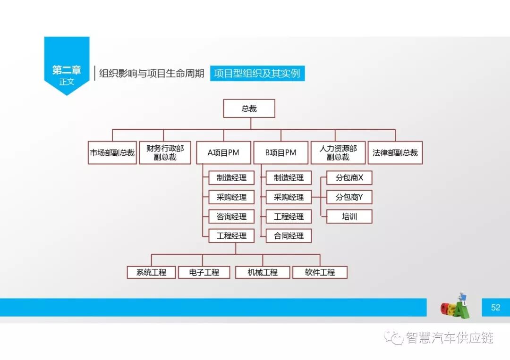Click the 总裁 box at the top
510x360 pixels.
coord(249,109)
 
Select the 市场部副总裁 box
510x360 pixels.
coord(112,153)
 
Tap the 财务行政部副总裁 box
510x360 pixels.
coord(165,153)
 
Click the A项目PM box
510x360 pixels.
coord(223,153)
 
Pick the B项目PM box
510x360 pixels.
coord(280,153)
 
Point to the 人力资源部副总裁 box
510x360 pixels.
coord(338,153)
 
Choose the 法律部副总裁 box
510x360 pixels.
coord(395,153)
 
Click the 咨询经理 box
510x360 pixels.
coord(231,217)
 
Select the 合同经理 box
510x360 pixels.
coord(289,236)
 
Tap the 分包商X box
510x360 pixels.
coord(349,178)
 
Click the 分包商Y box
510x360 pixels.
coord(349,197)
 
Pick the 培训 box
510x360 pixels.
coord(349,217)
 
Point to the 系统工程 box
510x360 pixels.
coord(151,272)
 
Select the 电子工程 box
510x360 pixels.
coord(204,272)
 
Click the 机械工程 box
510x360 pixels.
coord(263,272)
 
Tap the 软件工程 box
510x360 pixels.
coord(320,272)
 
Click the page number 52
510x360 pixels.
coord(495,307)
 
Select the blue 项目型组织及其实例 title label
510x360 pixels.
coord(257,73)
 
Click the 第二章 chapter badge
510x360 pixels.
coord(67,71)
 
